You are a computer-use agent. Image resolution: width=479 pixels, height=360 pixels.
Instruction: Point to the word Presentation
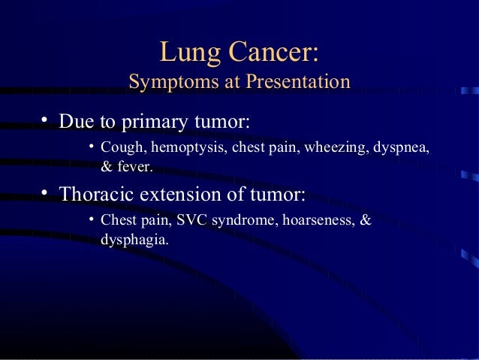[x=296, y=82]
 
